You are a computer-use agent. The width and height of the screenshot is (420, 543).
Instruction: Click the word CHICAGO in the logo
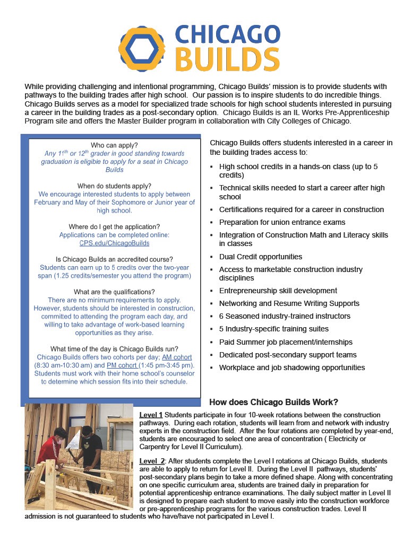click(227, 34)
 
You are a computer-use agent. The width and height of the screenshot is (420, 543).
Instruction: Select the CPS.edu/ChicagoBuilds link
click(115, 243)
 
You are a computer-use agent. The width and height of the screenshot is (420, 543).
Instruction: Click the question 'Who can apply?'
click(114, 145)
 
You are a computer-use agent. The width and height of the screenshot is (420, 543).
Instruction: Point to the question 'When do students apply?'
click(114, 186)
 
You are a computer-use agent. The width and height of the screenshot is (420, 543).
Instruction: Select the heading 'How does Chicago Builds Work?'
click(274, 402)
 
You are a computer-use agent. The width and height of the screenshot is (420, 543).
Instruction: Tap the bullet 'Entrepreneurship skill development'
click(278, 291)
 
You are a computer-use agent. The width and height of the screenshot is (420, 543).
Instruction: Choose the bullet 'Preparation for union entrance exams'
click(282, 222)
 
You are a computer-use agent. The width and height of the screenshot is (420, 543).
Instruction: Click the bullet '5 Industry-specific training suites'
click(273, 329)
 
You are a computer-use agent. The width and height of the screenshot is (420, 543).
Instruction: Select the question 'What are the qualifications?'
click(114, 292)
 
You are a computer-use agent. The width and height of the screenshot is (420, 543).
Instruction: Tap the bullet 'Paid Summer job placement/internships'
click(286, 342)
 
